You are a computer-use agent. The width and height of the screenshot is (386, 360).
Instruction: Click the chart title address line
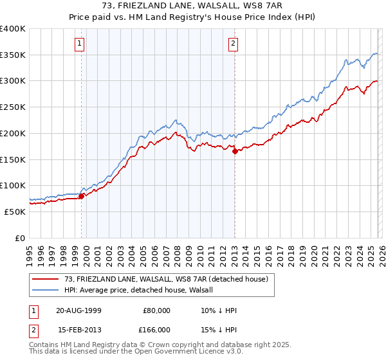(193, 6)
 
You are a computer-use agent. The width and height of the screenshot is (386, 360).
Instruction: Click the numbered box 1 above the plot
(79, 44)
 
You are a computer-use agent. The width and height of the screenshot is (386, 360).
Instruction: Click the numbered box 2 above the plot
(232, 44)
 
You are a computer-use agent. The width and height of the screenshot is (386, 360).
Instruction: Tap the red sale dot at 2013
(235, 152)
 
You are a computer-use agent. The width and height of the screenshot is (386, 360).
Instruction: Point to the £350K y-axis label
(13, 55)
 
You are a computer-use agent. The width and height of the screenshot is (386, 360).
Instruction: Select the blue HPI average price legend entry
(142, 290)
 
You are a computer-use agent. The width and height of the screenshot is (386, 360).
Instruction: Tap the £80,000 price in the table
(155, 310)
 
